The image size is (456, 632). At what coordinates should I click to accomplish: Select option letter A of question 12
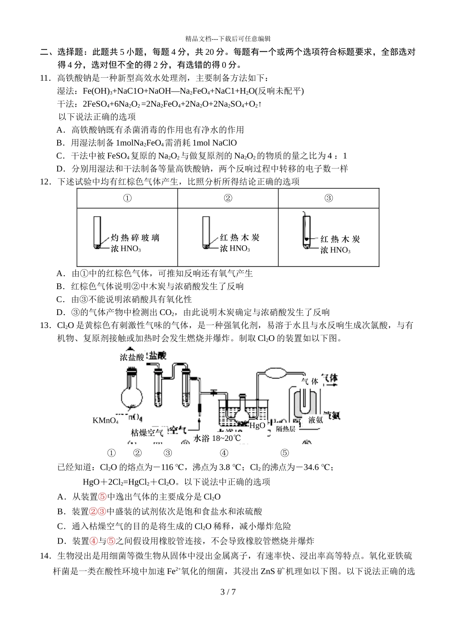[x=60, y=274]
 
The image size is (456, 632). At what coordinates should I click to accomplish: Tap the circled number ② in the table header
[x=228, y=198]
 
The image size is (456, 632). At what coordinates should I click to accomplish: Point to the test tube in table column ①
[x=97, y=232]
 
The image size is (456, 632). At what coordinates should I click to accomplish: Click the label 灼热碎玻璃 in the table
[x=135, y=238]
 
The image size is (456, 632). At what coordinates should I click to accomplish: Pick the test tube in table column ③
[x=306, y=231]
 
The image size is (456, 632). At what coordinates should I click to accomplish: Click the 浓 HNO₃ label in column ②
[x=235, y=249]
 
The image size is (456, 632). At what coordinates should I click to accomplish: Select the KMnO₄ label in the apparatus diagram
[x=105, y=421]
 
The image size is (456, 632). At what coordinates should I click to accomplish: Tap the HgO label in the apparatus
[x=257, y=425]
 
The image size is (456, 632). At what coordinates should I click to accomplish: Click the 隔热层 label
[x=286, y=429]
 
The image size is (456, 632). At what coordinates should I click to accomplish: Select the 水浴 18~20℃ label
[x=217, y=438]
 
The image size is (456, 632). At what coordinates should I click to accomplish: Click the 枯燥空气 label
[x=147, y=433]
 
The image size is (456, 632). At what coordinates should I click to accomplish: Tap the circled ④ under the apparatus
[x=224, y=453]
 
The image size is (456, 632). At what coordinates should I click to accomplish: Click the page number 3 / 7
[x=228, y=592]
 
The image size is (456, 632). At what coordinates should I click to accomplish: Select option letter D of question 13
[x=60, y=541]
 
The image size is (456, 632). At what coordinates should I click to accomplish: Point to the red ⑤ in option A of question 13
[x=102, y=497]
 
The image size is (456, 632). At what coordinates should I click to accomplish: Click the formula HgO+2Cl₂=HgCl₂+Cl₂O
[x=132, y=482]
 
